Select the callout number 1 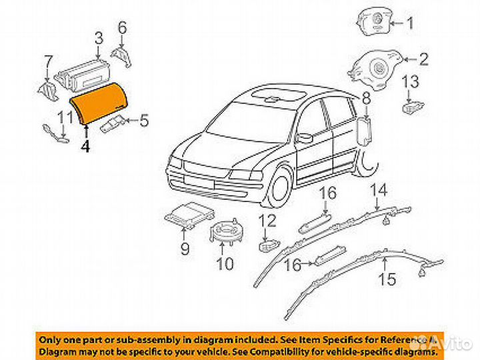(x=410, y=25)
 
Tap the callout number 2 (x=423, y=60)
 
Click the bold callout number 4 (x=85, y=146)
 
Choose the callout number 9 (x=185, y=249)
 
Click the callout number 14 (x=378, y=191)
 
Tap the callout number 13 (x=411, y=83)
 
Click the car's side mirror (x=304, y=138)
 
